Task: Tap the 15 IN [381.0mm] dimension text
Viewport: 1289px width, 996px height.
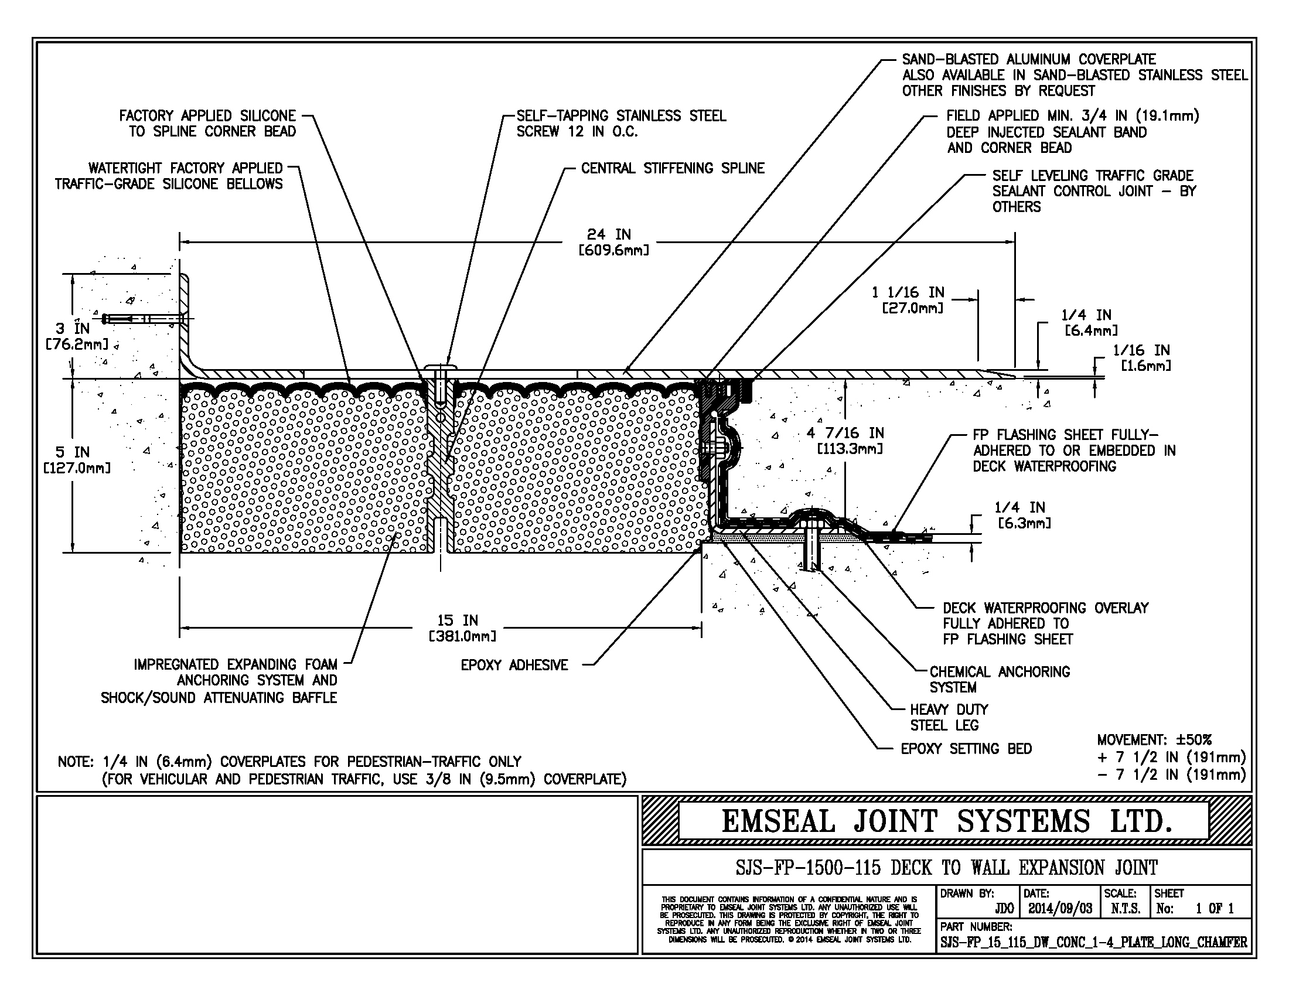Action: tap(462, 628)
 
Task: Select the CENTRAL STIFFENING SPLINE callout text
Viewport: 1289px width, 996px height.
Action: tap(672, 168)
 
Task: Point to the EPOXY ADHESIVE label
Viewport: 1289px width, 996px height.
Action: tap(514, 665)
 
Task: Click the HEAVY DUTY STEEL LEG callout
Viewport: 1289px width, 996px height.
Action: tap(949, 717)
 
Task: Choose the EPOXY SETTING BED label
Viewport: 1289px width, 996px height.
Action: tap(966, 749)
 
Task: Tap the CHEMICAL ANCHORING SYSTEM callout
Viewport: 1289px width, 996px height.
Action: tap(999, 679)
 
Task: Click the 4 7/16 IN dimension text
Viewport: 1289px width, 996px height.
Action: tap(845, 440)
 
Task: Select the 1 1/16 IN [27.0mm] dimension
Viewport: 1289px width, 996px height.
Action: tap(908, 300)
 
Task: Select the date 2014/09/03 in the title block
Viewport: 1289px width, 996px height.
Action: tap(1060, 908)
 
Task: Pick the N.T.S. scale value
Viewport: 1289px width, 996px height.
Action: tap(1125, 908)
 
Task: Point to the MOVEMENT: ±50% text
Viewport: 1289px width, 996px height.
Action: tap(1154, 740)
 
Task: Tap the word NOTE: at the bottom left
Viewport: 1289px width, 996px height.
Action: tap(76, 762)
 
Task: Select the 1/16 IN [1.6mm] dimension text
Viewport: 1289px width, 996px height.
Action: tap(1141, 357)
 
